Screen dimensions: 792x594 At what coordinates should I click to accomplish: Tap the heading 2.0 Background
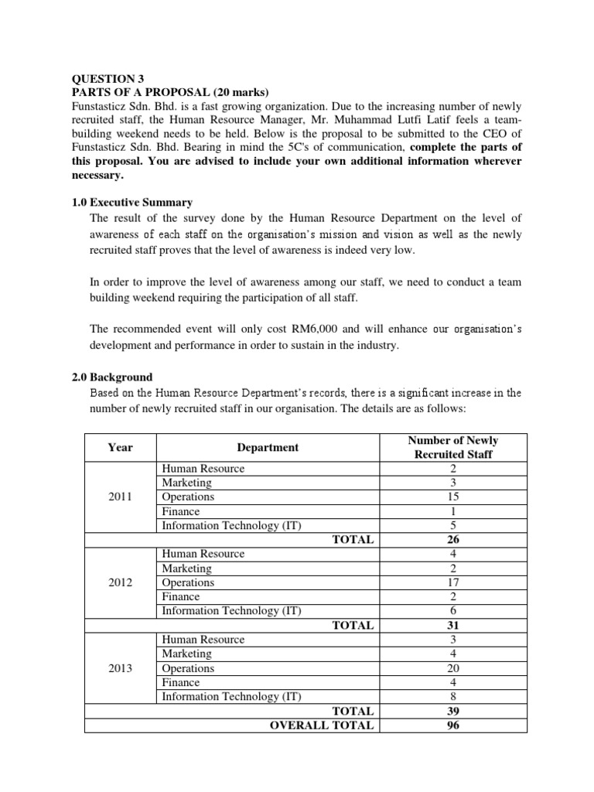point(111,377)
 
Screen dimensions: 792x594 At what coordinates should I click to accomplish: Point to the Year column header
point(120,447)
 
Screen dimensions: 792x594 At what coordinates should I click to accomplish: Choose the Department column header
point(268,447)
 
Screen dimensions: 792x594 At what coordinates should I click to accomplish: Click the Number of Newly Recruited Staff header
point(453,447)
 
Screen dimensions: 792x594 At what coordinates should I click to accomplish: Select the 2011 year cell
point(120,497)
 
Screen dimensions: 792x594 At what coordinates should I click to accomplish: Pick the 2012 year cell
point(120,582)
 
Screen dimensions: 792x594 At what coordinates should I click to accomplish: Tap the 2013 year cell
point(120,668)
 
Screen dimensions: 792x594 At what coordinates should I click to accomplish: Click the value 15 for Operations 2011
point(453,497)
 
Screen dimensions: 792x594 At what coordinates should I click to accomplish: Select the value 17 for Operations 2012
point(453,582)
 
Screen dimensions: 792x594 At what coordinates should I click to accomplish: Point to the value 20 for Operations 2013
point(453,668)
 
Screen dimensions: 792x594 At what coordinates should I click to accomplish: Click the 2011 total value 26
point(453,540)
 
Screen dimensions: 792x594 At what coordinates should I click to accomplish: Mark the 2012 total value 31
point(453,625)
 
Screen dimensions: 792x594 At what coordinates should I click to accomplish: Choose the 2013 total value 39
point(453,711)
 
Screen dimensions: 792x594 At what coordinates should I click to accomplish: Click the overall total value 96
point(453,725)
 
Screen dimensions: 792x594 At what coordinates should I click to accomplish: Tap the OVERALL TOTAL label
point(321,725)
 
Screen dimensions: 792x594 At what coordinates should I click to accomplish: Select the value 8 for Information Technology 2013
point(453,697)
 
